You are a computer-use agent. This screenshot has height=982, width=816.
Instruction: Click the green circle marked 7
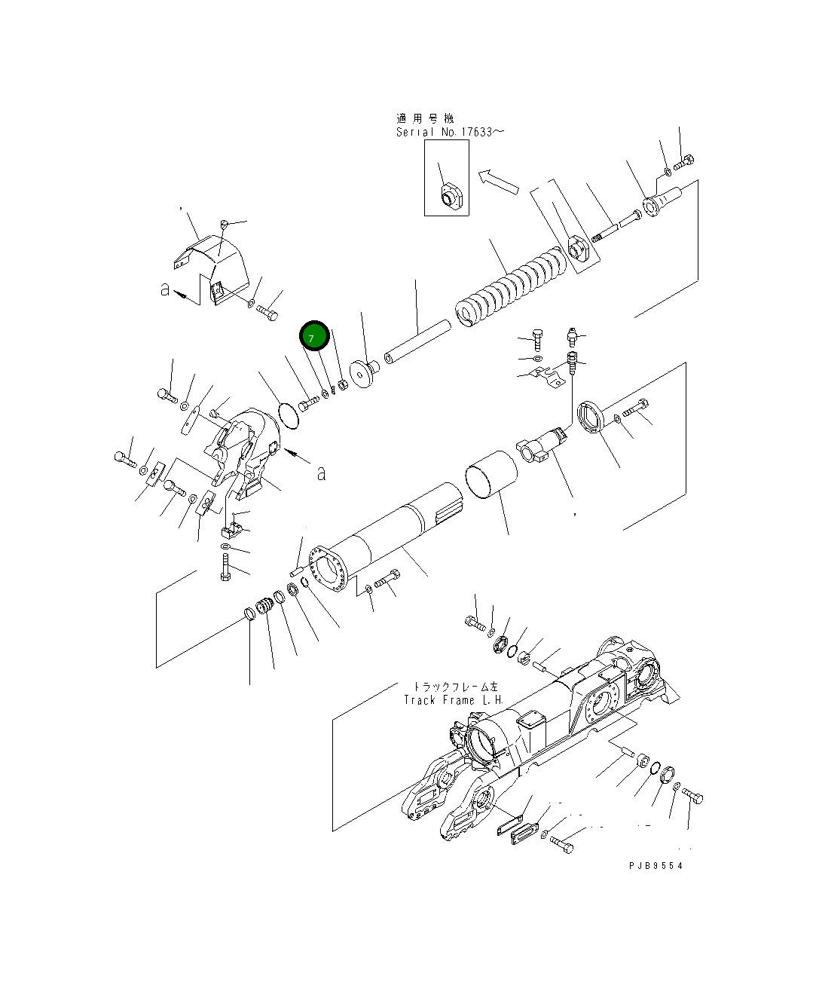314,336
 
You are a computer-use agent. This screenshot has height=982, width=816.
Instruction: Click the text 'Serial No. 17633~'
450,132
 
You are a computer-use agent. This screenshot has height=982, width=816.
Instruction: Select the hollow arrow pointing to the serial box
498,181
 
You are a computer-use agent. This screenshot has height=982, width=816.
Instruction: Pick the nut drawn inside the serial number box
450,196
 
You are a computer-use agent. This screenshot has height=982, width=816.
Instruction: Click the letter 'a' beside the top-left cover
165,289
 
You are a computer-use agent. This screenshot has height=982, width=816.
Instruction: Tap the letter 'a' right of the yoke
322,473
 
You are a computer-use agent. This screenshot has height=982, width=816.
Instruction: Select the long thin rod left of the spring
417,339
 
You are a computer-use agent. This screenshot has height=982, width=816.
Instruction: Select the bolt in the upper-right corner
685,161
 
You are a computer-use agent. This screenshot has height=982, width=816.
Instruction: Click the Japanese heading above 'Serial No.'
425,118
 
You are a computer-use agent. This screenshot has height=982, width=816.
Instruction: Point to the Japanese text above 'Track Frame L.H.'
454,687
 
